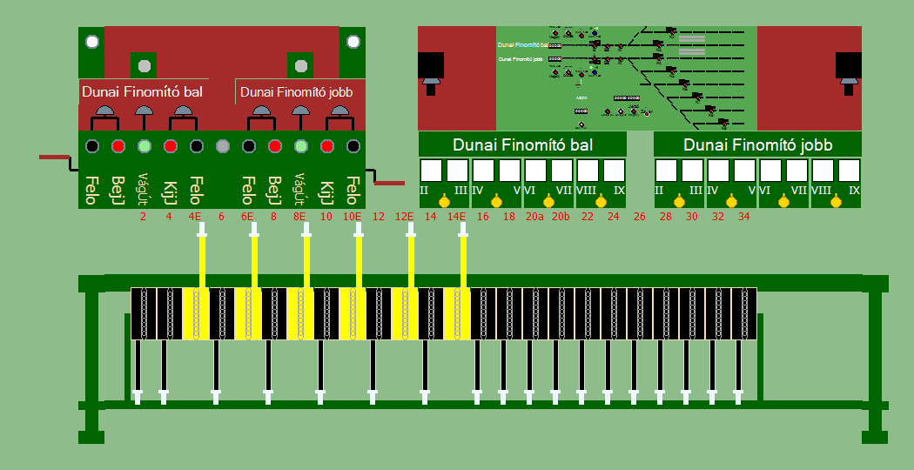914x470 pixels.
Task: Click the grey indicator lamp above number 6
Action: tap(222, 145)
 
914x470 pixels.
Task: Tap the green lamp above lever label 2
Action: tap(144, 145)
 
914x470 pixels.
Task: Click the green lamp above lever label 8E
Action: tap(301, 145)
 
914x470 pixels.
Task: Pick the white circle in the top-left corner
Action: tap(91, 41)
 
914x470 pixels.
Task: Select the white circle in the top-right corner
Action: tap(352, 41)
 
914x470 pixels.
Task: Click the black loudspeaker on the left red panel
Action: tap(431, 69)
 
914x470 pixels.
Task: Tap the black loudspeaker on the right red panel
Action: tap(849, 69)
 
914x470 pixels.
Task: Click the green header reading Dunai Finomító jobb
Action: tap(757, 144)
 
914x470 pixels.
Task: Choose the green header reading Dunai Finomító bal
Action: tap(522, 144)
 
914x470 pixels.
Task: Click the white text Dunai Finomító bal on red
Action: tap(143, 91)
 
